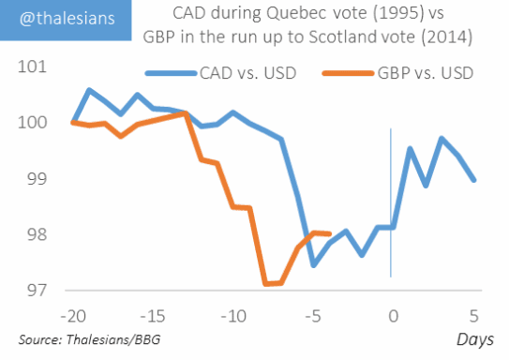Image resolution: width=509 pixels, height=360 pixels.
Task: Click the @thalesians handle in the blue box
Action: click(67, 19)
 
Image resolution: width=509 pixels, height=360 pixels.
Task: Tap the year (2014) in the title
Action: click(447, 37)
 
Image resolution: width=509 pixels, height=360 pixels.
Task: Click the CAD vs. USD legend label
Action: click(248, 73)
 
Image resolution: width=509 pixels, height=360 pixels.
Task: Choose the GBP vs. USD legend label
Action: click(426, 73)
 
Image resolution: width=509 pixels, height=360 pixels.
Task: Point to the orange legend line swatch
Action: click(348, 73)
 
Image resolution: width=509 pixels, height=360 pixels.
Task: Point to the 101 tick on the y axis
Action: click(32, 67)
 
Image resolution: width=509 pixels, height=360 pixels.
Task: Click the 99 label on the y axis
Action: click(37, 178)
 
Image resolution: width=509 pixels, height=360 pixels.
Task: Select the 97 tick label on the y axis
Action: click(37, 291)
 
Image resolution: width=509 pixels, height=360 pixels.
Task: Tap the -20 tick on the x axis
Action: click(73, 316)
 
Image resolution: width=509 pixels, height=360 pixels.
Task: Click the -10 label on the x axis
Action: click(233, 316)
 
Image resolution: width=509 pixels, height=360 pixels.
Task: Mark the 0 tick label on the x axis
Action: click(394, 316)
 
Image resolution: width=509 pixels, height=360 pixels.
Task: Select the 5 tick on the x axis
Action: click(474, 316)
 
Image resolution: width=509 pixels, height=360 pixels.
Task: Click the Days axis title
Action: click(475, 339)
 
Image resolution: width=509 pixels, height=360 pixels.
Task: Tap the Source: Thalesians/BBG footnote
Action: click(89, 339)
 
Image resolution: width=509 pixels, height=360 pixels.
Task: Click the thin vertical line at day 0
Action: click(391, 202)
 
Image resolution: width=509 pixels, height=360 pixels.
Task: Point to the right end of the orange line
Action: click(330, 233)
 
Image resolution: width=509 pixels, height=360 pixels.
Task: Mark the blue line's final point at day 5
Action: click(474, 180)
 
